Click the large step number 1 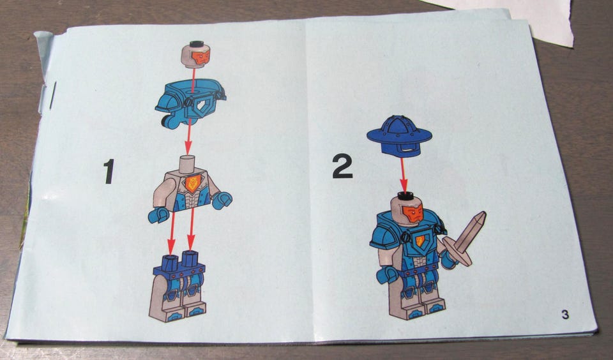coord(109,171)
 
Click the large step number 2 coord(342,167)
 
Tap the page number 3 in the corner coord(565,314)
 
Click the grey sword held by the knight coord(466,239)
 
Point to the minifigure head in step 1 coord(196,54)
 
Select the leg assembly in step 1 coord(178,287)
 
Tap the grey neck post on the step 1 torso coord(187,164)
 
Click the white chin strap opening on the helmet coord(408,150)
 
